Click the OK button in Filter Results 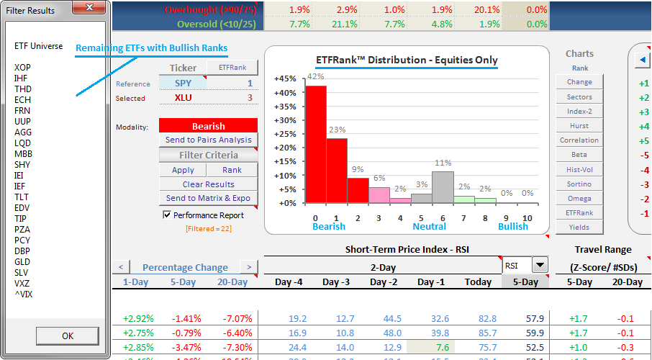[x=67, y=336]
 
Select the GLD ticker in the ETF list [x=22, y=261]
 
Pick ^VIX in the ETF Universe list [x=24, y=294]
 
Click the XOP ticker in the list [x=23, y=67]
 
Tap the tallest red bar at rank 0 [x=316, y=144]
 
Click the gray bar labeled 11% [x=443, y=186]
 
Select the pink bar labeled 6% [x=379, y=194]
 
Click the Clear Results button [x=208, y=184]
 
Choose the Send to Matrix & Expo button [x=208, y=198]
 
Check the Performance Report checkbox [x=168, y=215]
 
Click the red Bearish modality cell [x=208, y=126]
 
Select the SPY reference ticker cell [x=183, y=84]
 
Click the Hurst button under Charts [x=579, y=125]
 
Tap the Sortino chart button [x=579, y=184]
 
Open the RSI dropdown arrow [x=540, y=265]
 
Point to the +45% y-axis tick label [x=286, y=79]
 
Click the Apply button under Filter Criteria [x=183, y=170]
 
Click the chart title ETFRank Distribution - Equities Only [x=407, y=60]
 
